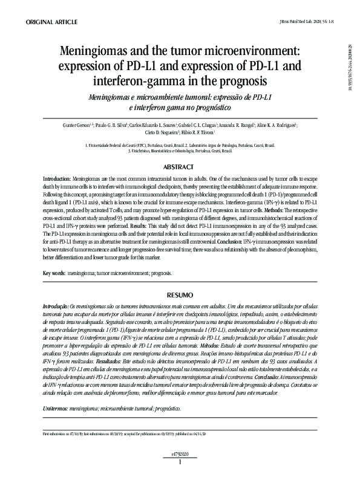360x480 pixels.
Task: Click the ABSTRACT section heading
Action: pyautogui.click(x=180, y=166)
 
